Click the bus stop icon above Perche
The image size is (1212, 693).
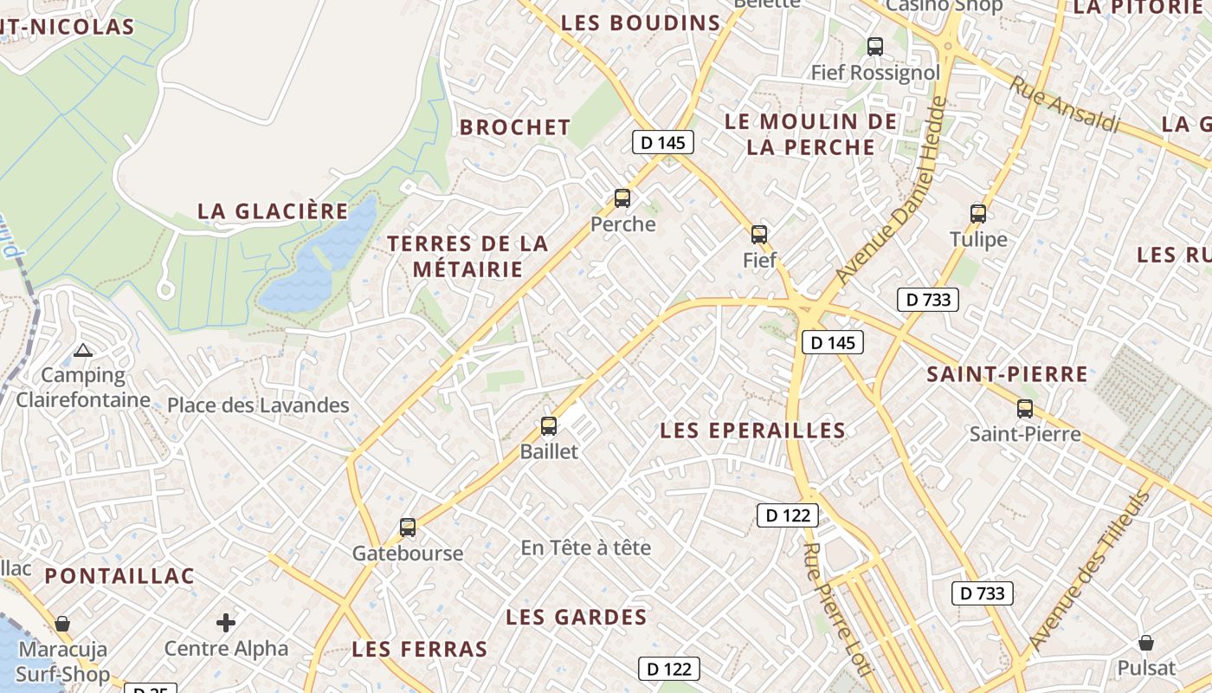coord(622,198)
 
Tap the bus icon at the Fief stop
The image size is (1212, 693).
coord(759,234)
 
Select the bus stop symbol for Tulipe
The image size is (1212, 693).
coord(978,213)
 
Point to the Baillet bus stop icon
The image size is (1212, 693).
coord(548,425)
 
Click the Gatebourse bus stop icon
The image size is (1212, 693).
coord(407,527)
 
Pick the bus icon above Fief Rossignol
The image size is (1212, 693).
coord(875,46)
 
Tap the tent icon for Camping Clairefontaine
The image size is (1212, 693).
coord(83,351)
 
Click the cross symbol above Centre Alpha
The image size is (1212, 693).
coord(226,622)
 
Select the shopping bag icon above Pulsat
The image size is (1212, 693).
coord(1146,643)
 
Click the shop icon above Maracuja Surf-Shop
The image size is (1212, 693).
coord(62,624)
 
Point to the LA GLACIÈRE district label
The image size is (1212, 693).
coord(273,210)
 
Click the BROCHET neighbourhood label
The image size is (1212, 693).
coord(515,127)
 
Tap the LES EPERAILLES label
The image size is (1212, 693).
coord(752,431)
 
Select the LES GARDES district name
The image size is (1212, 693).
coord(576,617)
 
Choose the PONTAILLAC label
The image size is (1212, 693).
coord(119,576)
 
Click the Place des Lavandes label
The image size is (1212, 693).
coord(258,405)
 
